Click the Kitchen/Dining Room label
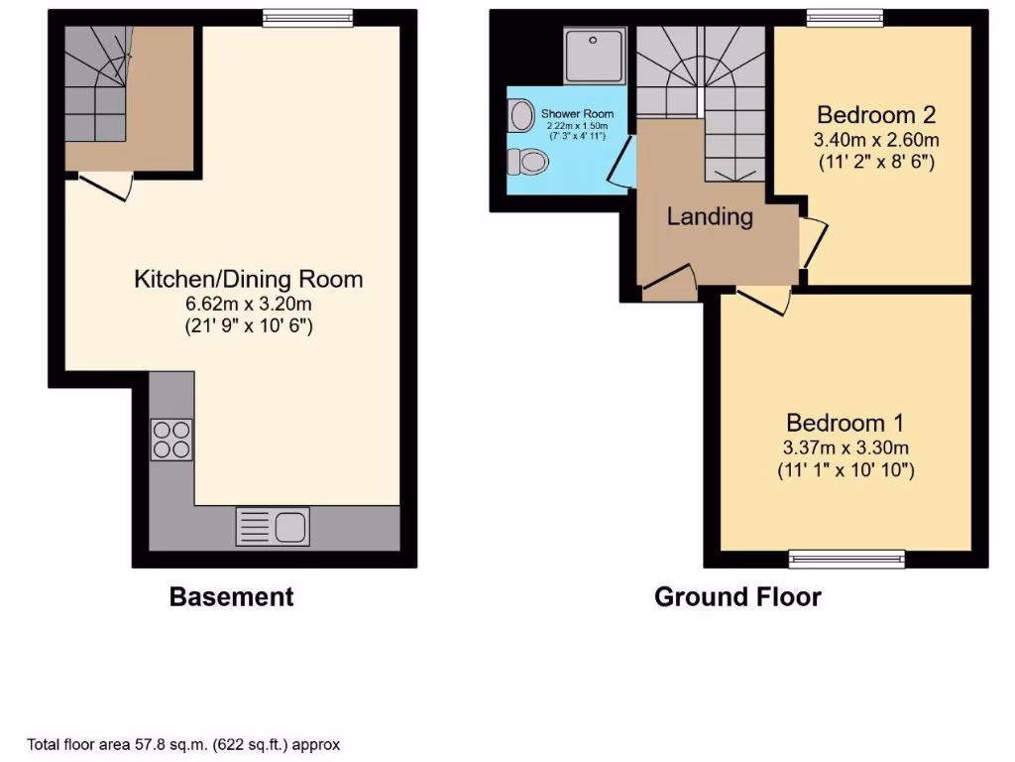[248, 279]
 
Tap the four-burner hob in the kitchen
[171, 440]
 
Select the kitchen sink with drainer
[273, 526]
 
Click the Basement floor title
[231, 596]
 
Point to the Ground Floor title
[737, 596]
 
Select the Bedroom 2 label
[876, 113]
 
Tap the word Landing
[710, 216]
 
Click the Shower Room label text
[577, 113]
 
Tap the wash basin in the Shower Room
[517, 117]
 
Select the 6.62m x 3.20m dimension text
[248, 304]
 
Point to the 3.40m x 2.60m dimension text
[876, 138]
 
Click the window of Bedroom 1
[846, 561]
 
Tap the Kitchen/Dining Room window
[307, 16]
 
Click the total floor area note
[184, 743]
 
